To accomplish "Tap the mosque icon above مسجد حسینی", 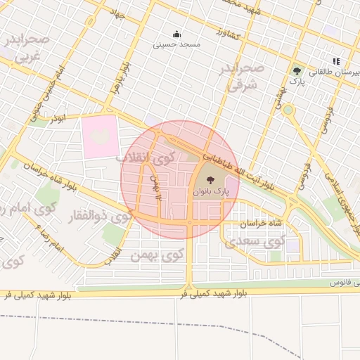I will (176, 33).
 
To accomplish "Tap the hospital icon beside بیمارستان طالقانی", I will (337, 61).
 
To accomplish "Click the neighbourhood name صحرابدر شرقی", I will (244, 77).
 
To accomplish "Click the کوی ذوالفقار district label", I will (98, 217).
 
